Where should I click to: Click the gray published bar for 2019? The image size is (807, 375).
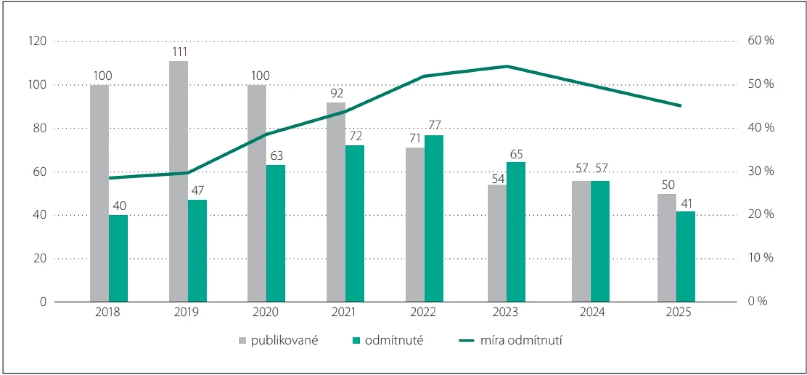(x=178, y=181)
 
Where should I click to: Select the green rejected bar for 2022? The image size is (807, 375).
(x=434, y=218)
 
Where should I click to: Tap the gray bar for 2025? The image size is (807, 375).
(x=667, y=248)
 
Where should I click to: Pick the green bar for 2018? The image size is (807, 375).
(x=118, y=258)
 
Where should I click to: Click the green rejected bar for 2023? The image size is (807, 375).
(x=516, y=232)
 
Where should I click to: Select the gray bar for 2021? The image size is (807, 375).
(x=336, y=202)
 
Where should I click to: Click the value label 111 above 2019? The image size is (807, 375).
(x=180, y=52)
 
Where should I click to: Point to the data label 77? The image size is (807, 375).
(x=435, y=125)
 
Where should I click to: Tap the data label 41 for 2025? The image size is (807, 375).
(x=686, y=203)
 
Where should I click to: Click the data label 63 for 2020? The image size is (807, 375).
(x=277, y=156)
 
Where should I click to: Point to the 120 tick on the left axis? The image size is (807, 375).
(x=37, y=41)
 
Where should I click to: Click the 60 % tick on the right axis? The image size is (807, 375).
(x=761, y=40)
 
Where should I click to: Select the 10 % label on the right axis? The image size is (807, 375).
(x=761, y=257)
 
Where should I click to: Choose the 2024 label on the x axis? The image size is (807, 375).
(x=592, y=312)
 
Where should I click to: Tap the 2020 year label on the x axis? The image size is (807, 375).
(x=265, y=312)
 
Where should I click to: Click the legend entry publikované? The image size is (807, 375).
(x=278, y=340)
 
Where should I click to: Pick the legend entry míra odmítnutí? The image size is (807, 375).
(x=510, y=340)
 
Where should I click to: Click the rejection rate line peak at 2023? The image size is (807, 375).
(x=507, y=66)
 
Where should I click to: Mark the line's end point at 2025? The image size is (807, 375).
(x=681, y=105)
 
